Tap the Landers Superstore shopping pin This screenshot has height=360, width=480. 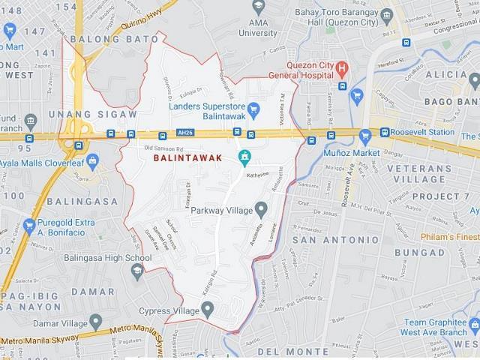click(x=253, y=109)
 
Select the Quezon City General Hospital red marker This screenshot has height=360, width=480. click(x=343, y=70)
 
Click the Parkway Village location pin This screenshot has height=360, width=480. click(x=261, y=209)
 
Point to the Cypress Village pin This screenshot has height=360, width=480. click(x=208, y=308)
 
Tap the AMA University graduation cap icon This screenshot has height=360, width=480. click(x=259, y=8)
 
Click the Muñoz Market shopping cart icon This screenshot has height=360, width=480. click(x=365, y=137)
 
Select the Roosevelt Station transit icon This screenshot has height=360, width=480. click(x=385, y=132)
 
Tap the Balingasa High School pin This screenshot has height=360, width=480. click(x=137, y=271)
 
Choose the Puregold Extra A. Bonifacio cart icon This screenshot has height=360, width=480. click(x=29, y=226)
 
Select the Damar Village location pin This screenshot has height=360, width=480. click(x=95, y=322)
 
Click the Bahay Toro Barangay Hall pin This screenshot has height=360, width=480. click(x=386, y=16)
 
